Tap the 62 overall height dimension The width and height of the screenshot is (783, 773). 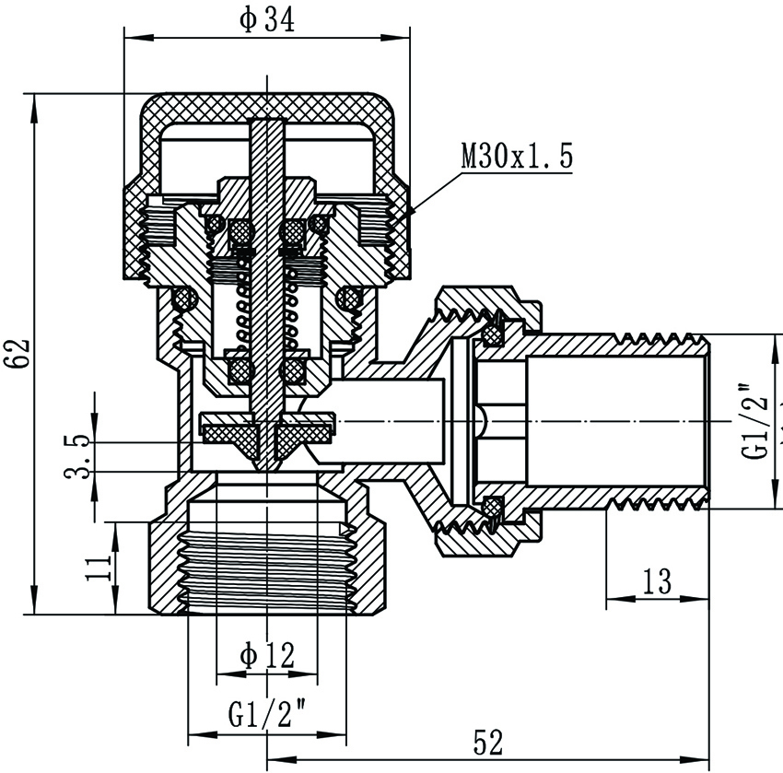tap(20, 352)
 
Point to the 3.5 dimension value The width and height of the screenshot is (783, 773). tap(81, 457)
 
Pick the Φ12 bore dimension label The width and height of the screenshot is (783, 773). tap(266, 656)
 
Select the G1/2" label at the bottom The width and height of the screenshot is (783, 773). tap(266, 714)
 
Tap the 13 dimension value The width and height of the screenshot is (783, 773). tap(657, 581)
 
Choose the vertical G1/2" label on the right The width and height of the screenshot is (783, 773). tap(757, 421)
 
